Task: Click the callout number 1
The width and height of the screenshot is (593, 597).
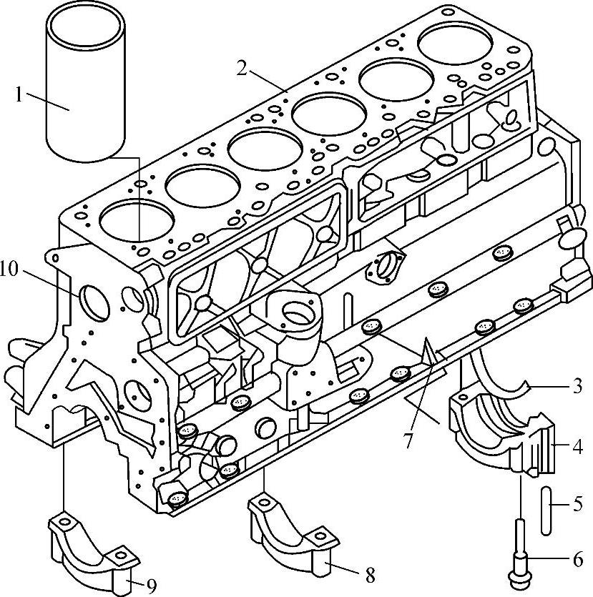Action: click(x=20, y=95)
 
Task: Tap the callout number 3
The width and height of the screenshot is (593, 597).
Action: click(x=577, y=388)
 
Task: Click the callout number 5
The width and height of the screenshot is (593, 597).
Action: click(x=577, y=504)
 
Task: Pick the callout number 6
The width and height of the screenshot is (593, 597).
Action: click(x=577, y=558)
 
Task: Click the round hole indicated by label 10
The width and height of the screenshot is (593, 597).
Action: click(x=94, y=301)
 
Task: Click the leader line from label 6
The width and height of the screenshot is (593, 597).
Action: click(x=551, y=558)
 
